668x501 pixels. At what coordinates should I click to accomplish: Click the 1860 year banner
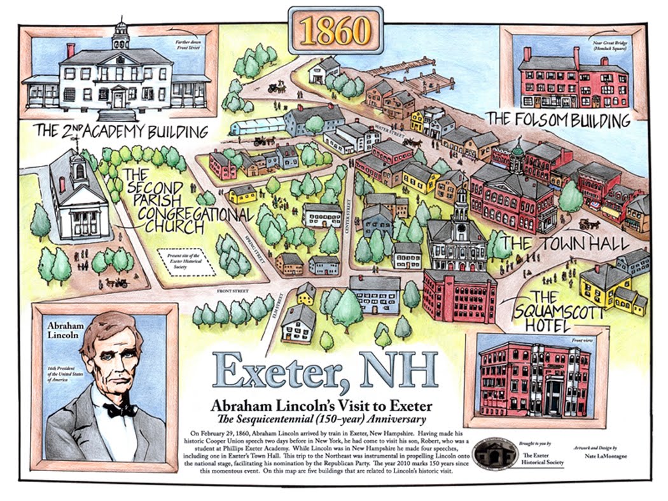click(335, 31)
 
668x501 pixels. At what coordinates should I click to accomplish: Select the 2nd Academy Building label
click(121, 132)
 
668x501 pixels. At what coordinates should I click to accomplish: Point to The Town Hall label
click(564, 244)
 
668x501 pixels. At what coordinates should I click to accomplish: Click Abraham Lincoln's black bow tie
click(120, 410)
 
